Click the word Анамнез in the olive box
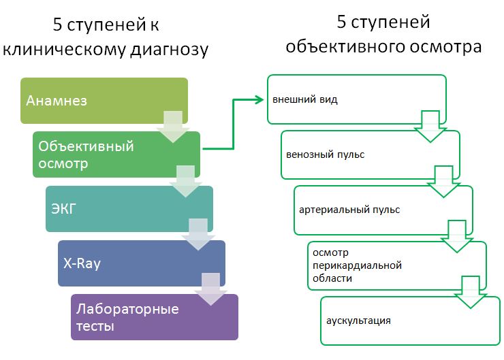[x=57, y=101]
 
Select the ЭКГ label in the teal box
[x=63, y=209]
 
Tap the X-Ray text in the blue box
[x=82, y=263]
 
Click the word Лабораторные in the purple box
[x=127, y=309]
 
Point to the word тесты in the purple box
[x=95, y=326]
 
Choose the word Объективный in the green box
[x=86, y=146]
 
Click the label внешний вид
[x=305, y=99]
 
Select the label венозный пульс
[x=326, y=154]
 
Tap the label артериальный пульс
[x=349, y=210]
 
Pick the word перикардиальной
[x=357, y=265]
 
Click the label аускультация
[x=359, y=321]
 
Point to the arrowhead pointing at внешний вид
[x=259, y=99]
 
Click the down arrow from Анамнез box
[x=173, y=127]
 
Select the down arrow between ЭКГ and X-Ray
[x=198, y=235]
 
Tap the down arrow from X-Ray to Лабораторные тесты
[x=211, y=289]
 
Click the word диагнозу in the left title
[x=170, y=50]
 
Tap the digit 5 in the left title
[x=57, y=24]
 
